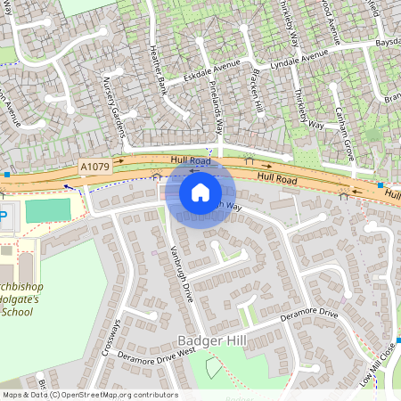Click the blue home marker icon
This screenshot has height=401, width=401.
click(200, 192)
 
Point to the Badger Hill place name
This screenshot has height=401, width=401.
click(212, 340)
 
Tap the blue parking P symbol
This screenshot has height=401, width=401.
click(3, 216)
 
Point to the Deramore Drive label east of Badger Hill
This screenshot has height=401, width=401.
click(309, 315)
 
